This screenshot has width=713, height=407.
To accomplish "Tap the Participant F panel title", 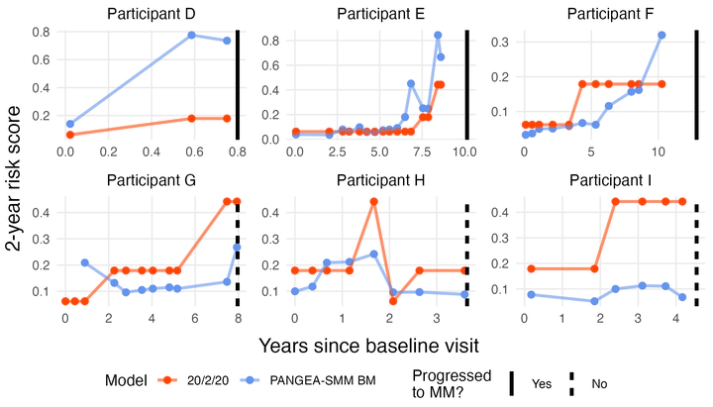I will click(611, 13).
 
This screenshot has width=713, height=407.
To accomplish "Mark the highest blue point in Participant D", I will click(192, 35).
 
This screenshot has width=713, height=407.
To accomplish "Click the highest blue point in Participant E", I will click(438, 35).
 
